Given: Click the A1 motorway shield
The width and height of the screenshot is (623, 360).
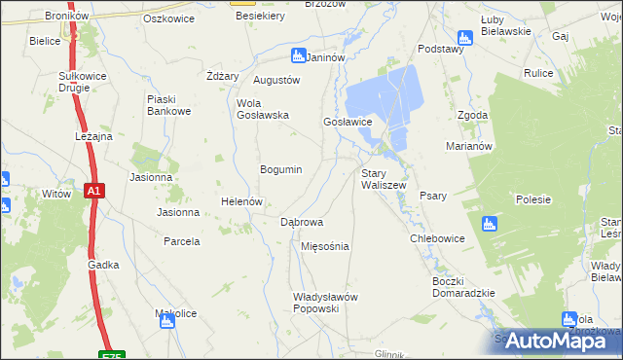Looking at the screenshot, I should [x=93, y=192].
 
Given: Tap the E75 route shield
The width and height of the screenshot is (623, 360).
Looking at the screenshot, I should [x=112, y=355].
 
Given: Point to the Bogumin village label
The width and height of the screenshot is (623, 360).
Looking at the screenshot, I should [x=280, y=169].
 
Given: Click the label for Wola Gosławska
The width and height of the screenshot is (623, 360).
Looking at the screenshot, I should [x=263, y=109].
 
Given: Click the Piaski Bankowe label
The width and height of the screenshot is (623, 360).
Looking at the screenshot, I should [x=167, y=105].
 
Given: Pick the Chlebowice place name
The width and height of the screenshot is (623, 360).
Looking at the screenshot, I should [x=437, y=238].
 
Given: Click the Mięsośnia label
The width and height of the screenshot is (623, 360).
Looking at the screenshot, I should [x=325, y=246].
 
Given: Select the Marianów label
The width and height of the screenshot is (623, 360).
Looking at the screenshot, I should [x=472, y=146].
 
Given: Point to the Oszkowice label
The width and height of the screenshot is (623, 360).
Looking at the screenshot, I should [x=165, y=18].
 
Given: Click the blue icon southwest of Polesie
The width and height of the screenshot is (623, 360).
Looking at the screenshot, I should [x=490, y=222].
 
